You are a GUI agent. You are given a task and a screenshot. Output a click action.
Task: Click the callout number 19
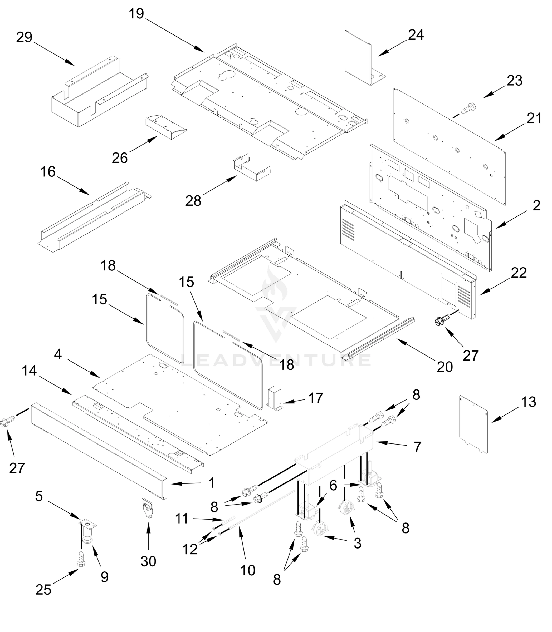tap(136, 14)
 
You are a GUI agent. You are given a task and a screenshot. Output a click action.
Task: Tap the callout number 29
tap(24, 38)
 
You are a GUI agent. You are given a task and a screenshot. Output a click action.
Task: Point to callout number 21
tap(534, 118)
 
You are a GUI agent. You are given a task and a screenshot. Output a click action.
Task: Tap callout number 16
tap(48, 172)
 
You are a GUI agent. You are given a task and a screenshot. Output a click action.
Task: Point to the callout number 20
tap(445, 367)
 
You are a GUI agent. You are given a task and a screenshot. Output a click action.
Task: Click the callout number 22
tap(519, 273)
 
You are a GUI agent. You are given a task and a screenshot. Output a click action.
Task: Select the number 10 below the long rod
tap(248, 570)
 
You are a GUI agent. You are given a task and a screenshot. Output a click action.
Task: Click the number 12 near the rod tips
tap(190, 550)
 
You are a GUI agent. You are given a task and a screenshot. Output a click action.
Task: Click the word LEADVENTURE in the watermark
tap(276, 361)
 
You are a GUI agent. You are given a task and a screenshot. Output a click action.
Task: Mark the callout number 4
tap(58, 355)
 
